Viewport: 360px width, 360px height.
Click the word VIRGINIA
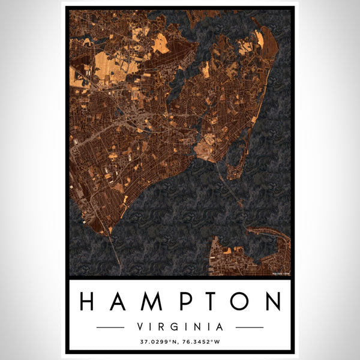click(180, 327)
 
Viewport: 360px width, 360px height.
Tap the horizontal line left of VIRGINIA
click(110, 327)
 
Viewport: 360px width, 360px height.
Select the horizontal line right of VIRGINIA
click(250, 327)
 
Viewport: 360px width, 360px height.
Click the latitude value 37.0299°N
click(158, 344)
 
